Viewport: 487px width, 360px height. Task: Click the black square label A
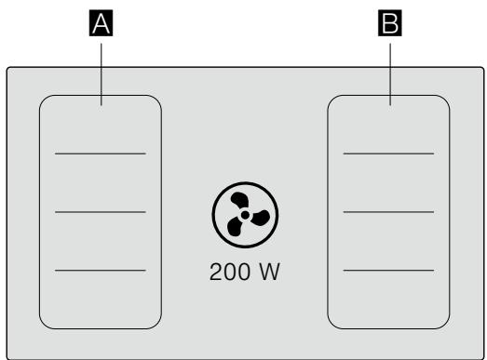(101, 26)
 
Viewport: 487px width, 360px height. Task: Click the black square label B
(390, 26)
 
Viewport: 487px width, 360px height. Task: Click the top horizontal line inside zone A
(101, 153)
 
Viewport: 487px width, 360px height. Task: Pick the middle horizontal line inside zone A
(101, 211)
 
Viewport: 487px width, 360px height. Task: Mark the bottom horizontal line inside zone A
(101, 270)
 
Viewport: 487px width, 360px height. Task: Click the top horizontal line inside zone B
(389, 153)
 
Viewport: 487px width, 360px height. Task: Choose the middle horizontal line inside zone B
(389, 211)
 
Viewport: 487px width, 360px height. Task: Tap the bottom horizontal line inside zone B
(389, 270)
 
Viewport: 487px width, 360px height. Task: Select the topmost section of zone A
(101, 126)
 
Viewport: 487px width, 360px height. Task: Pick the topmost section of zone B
(389, 126)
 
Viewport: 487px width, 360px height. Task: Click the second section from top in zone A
(101, 182)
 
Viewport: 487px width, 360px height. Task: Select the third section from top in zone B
(389, 241)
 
